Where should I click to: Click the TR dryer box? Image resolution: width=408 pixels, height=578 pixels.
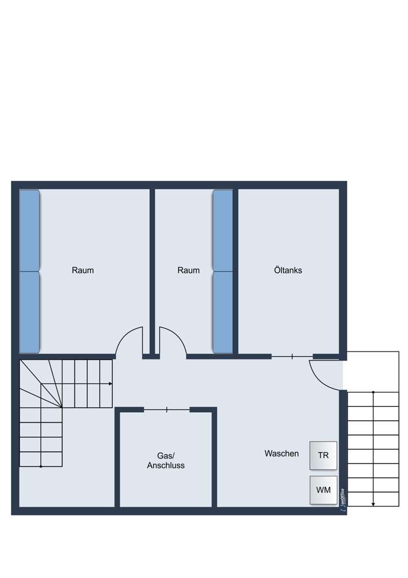323,455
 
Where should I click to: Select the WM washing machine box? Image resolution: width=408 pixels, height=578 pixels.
323,490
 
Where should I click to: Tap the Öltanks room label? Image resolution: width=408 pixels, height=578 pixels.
288,270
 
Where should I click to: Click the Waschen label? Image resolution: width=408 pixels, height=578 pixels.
281,453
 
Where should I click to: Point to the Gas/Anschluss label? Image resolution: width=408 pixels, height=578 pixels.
166,461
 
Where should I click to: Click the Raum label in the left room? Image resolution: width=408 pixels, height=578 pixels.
83,270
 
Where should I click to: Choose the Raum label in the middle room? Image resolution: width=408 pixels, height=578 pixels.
188,270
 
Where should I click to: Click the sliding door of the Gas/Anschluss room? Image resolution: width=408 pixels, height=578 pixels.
167,409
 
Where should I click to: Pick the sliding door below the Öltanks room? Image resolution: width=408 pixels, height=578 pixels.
292,357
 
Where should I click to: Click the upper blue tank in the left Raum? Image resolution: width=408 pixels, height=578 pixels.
29,231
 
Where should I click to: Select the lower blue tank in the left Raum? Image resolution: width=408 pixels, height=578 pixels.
29,312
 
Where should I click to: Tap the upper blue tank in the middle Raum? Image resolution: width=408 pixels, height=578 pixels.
223,231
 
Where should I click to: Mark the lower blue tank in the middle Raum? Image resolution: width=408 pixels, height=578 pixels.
223,312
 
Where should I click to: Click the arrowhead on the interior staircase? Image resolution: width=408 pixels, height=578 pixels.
110,384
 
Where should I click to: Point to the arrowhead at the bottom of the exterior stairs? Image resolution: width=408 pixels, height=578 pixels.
373,504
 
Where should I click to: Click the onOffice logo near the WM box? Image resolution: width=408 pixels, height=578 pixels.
343,500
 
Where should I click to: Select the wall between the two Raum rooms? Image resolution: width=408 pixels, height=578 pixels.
152,272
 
